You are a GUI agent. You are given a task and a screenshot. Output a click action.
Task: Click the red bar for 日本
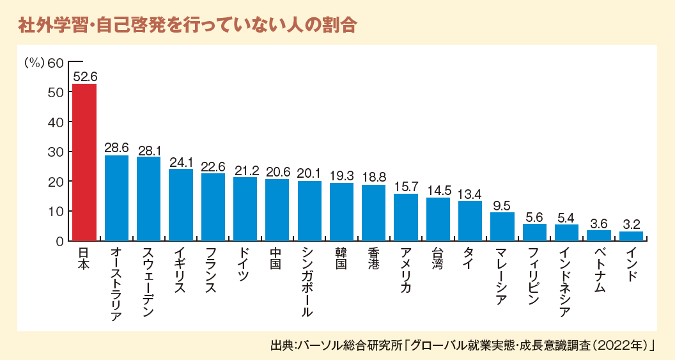coord(84,162)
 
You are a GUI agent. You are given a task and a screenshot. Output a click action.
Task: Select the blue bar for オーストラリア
coord(116,198)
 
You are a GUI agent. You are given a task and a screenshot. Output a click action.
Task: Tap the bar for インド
coord(631,236)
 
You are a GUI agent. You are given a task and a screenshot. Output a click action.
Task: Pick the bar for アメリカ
coord(406,217)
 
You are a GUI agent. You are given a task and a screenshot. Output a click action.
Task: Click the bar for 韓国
coord(341,212)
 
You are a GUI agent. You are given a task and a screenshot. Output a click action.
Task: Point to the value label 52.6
coord(84,77)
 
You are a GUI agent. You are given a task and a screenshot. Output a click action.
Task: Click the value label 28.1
coord(149,149)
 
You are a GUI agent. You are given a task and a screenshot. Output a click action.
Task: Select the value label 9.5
coord(502,205)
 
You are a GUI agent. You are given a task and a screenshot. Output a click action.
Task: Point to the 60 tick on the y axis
coord(56,63)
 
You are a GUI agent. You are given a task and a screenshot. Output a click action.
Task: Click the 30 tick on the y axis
coord(56,152)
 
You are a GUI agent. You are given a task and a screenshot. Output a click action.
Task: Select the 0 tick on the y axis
coord(59,241)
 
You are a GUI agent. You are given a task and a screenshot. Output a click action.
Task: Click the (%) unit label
coord(33,63)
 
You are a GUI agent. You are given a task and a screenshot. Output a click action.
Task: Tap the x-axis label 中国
coord(277,258)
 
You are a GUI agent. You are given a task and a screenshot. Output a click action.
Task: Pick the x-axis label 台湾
coord(438,258)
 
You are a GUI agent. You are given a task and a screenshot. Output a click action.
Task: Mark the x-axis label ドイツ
coord(245,264)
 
